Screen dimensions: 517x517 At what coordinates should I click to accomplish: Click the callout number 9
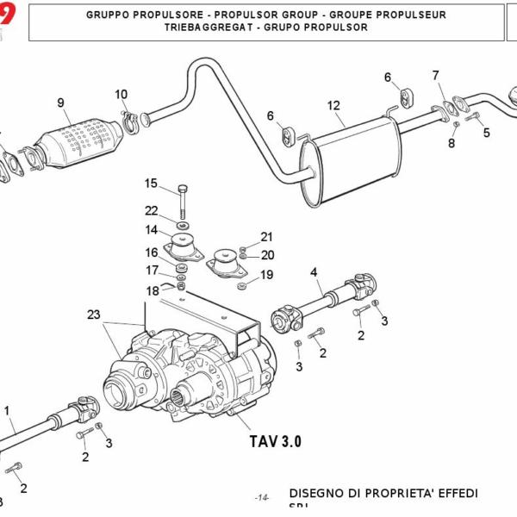coord(61,103)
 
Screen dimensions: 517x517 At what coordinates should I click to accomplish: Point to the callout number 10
coord(121,94)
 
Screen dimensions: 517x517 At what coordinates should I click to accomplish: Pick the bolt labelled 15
coord(182,201)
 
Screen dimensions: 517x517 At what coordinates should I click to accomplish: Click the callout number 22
coord(151,211)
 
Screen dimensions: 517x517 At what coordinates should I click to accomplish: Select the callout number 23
coord(93,315)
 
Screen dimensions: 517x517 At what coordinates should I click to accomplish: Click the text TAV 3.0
coord(276,442)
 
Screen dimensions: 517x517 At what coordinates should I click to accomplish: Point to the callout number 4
coord(315,273)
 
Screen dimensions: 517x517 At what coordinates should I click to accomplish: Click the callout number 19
coord(266,275)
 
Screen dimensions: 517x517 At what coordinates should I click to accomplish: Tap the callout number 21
coord(266,237)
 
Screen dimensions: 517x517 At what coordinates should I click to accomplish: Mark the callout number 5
coord(486,133)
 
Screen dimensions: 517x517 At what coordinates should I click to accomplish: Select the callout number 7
coord(436,75)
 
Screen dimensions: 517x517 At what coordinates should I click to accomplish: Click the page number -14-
coord(263,498)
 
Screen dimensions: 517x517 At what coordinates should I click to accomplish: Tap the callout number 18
coord(152,291)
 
